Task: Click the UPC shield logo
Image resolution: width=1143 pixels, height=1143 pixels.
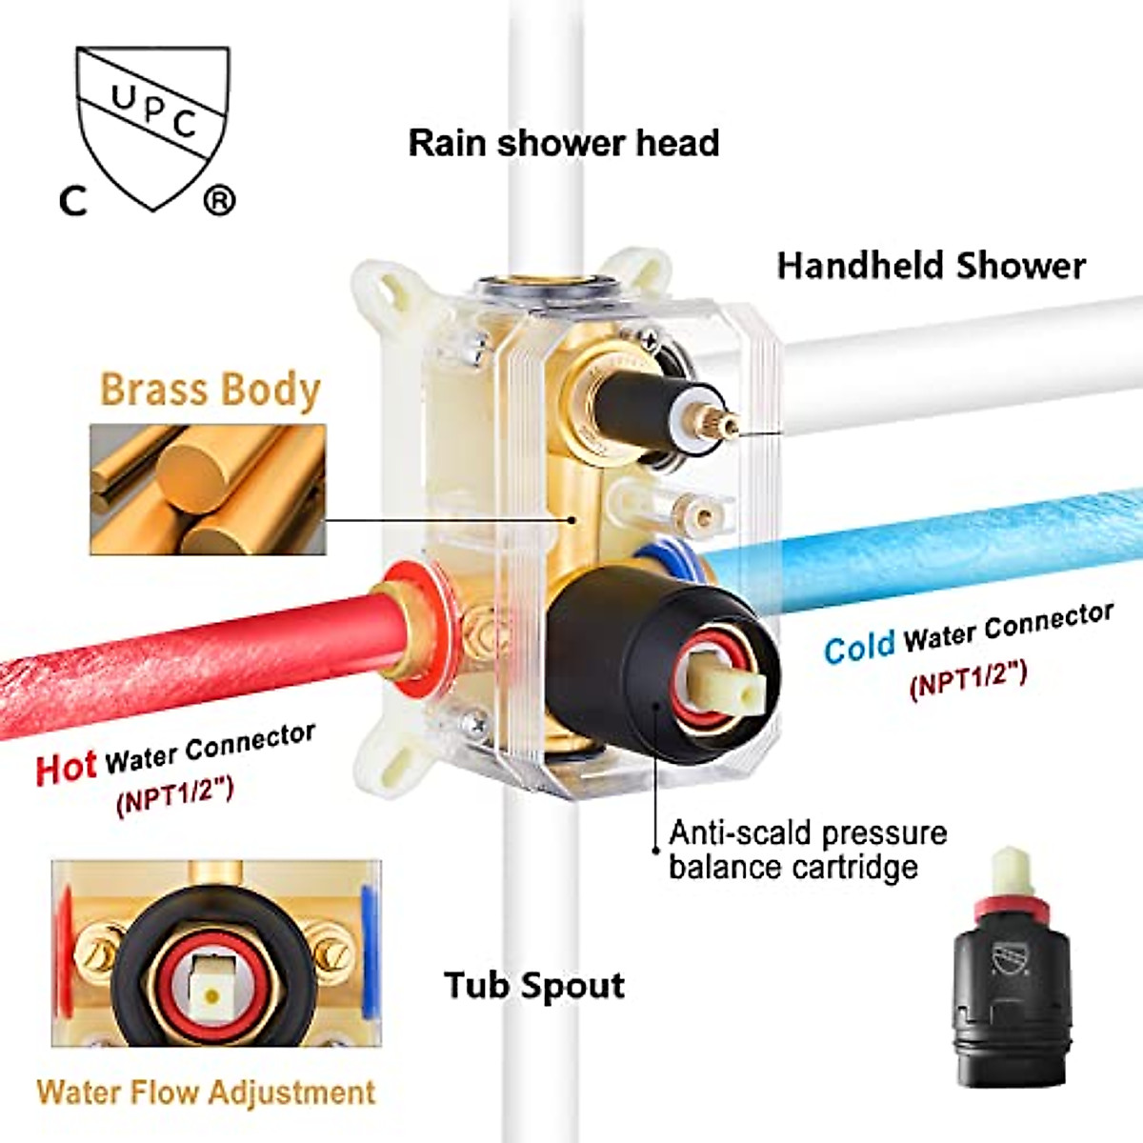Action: coord(152,124)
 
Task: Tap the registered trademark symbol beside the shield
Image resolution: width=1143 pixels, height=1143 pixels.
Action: coord(219,200)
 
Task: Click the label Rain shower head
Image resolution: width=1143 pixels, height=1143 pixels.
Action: coord(563,143)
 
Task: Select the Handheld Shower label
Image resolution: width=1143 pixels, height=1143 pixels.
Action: coord(931,265)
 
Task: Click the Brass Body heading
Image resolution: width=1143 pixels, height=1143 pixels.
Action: coord(210,390)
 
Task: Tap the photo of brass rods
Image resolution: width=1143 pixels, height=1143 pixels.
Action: coord(208,490)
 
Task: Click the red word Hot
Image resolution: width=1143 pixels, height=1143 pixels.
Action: coord(66,767)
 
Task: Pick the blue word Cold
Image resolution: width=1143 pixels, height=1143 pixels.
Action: coord(859,648)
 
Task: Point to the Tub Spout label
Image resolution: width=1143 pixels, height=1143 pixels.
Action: coord(534,985)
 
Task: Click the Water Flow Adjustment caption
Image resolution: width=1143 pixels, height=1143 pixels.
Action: coord(206,1092)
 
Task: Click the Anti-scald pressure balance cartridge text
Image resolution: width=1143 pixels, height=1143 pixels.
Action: coord(807,850)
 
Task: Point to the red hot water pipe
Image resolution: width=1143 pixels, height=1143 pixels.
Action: coord(190,657)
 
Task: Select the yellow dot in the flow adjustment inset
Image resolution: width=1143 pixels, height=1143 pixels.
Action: coord(212,995)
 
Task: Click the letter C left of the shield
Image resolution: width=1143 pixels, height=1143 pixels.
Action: coord(73,200)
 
